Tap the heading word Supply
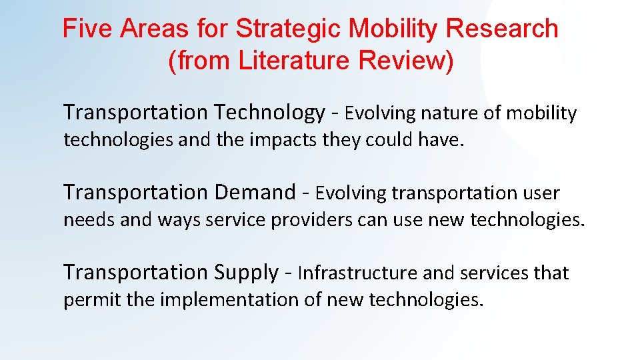point(246,273)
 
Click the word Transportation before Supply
point(136,273)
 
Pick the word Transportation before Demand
point(136,193)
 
